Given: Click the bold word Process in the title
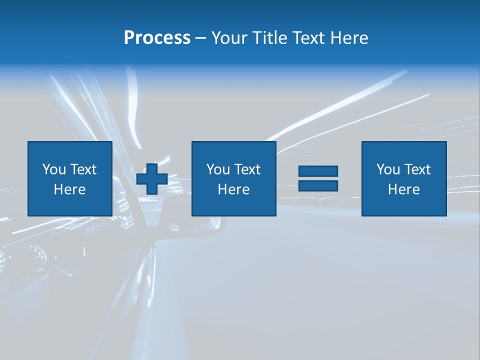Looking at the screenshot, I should (x=157, y=38).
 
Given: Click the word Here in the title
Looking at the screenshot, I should (x=349, y=38).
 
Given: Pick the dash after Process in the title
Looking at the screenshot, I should (x=200, y=38).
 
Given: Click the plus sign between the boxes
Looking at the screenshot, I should (x=152, y=178).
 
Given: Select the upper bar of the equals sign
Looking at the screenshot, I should (x=318, y=171).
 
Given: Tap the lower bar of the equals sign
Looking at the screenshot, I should (x=318, y=185).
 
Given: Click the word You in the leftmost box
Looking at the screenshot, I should (x=54, y=169).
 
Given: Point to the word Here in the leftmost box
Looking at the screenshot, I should (x=69, y=189).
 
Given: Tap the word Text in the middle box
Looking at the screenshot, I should (x=247, y=169).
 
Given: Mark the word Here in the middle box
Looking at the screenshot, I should (x=233, y=189).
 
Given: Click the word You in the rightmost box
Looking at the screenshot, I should (x=388, y=169).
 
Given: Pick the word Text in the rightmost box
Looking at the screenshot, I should (x=417, y=169).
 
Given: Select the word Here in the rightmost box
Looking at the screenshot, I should (x=403, y=189).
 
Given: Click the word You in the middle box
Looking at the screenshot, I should (x=218, y=169).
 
